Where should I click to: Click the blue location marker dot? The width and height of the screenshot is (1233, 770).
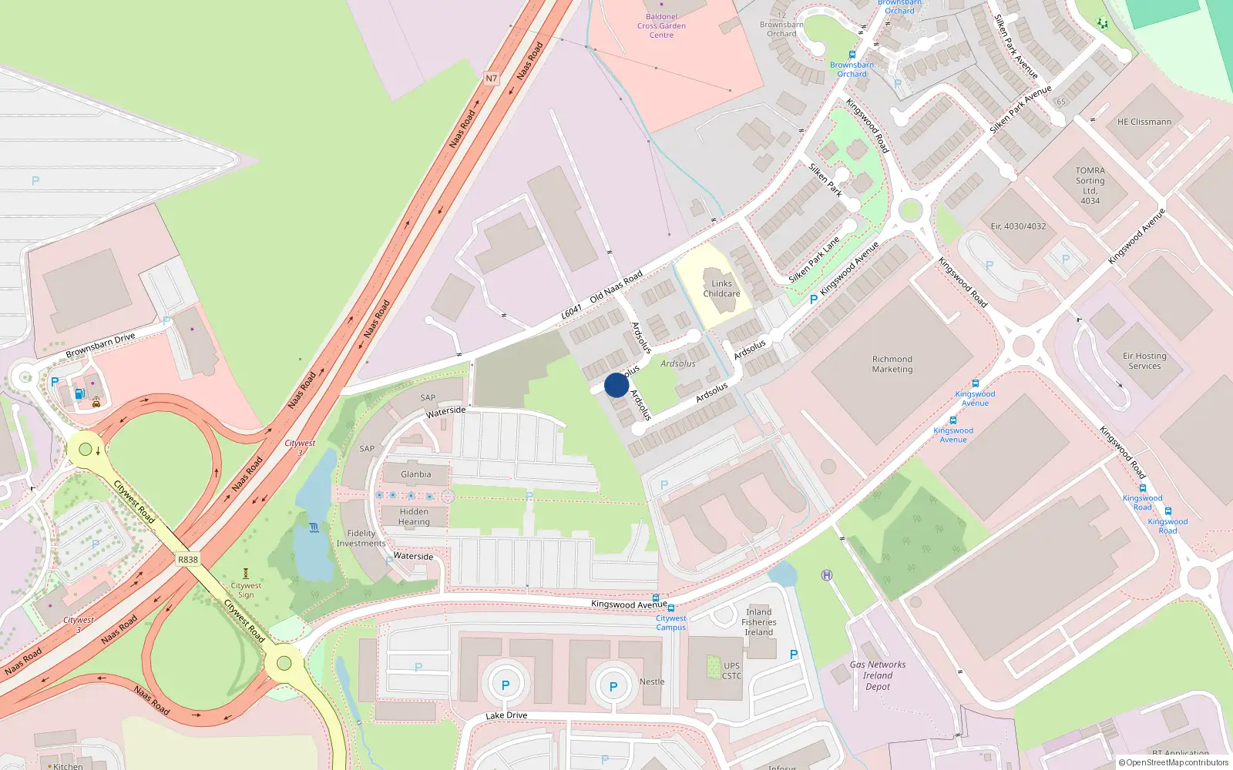point(616,385)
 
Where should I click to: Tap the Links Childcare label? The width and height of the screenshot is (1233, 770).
point(721,289)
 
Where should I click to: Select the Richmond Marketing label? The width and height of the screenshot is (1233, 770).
point(892,364)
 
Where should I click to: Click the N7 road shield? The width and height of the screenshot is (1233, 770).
point(492,79)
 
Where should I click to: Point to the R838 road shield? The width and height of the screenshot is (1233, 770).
point(188,560)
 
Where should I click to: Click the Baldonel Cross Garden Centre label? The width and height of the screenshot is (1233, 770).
point(661,25)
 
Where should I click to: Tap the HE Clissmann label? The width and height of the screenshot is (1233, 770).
point(1144,122)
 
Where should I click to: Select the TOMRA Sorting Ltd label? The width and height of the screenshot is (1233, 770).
point(1090,186)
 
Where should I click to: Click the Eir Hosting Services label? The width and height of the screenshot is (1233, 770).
point(1144,361)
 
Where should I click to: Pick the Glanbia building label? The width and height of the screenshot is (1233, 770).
point(416,474)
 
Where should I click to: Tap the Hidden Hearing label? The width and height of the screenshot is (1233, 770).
point(414,517)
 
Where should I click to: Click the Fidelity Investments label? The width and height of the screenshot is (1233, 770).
point(361,538)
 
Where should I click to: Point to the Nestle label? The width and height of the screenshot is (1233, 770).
point(652,681)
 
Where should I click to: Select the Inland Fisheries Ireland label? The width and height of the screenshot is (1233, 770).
point(759,622)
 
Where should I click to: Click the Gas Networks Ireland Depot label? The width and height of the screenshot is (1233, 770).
point(878,675)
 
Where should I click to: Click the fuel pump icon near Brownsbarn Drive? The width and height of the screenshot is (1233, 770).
point(79,394)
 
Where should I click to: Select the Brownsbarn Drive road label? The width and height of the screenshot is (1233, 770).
point(100,345)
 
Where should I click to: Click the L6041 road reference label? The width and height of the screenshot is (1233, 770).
point(572,312)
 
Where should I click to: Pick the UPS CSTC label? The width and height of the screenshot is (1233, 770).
point(731,671)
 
